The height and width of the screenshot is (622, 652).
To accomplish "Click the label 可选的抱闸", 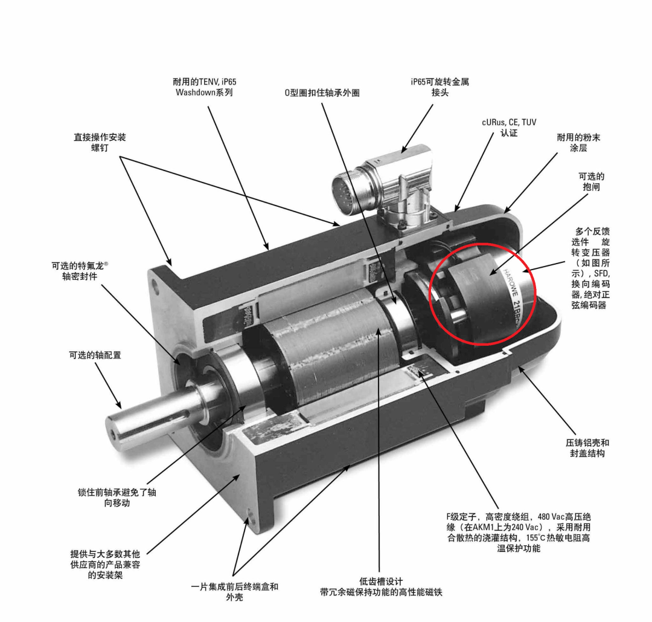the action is point(591,181).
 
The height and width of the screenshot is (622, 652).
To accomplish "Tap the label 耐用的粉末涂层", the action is point(578,143).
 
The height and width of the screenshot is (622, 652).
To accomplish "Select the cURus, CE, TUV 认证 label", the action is point(509,128).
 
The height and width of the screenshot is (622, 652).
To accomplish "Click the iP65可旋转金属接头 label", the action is point(440,86).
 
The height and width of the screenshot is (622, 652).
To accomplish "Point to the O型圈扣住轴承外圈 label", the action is point(322,92).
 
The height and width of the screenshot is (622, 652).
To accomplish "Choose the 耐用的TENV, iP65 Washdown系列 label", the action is point(204,86).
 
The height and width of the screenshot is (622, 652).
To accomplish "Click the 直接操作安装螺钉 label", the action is point(100,142).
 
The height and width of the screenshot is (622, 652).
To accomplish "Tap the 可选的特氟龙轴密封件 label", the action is point(80,271).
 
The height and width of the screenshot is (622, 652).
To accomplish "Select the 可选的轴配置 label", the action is point(95,355).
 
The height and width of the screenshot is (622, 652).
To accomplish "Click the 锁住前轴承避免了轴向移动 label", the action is point(117,497).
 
